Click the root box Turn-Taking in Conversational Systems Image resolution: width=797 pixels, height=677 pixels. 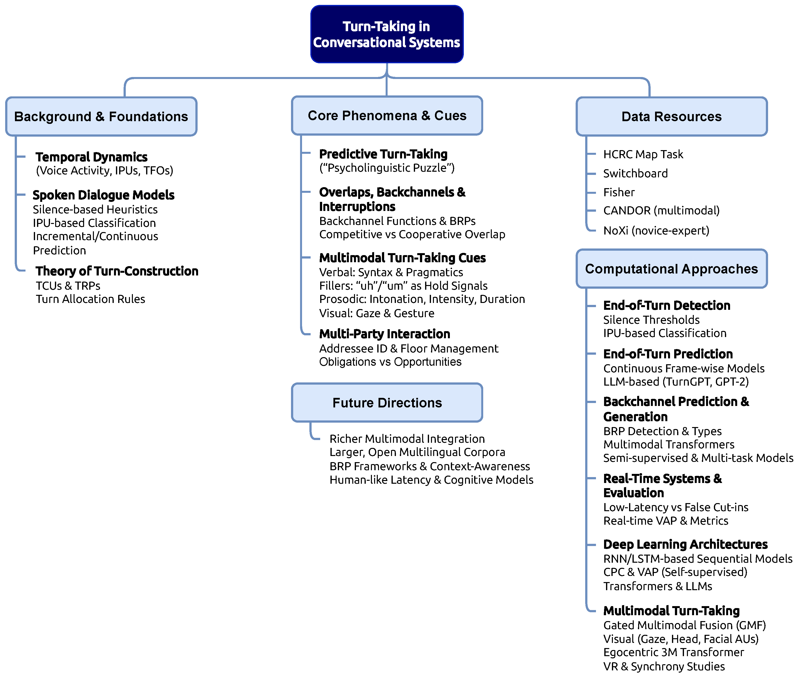tap(387, 34)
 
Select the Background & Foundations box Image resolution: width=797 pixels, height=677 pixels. tap(101, 116)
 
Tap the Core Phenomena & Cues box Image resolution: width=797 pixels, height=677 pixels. tap(387, 116)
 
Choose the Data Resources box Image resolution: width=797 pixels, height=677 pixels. tap(671, 116)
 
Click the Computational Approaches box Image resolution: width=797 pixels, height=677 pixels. tap(671, 269)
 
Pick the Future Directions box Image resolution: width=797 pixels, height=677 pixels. tap(387, 403)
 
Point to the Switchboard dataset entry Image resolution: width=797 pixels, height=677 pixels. tap(635, 173)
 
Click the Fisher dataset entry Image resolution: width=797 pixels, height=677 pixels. tap(619, 192)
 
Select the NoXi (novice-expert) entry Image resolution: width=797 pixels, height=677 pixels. tap(656, 230)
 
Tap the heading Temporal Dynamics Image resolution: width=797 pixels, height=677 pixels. tap(91, 157)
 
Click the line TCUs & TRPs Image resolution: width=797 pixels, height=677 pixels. tap(68, 286)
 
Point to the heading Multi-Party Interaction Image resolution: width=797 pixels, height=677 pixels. tap(384, 334)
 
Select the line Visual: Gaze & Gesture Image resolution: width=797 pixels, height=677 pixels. tap(377, 313)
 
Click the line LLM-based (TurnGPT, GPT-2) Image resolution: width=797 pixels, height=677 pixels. tap(676, 381)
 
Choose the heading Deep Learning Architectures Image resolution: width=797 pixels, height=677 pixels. tap(685, 544)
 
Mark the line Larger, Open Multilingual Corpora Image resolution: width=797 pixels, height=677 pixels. tap(417, 452)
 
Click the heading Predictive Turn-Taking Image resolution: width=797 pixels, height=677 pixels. tap(383, 154)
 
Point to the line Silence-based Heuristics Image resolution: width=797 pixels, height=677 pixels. tap(95, 209)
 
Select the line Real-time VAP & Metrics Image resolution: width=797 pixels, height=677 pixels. tap(665, 521)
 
